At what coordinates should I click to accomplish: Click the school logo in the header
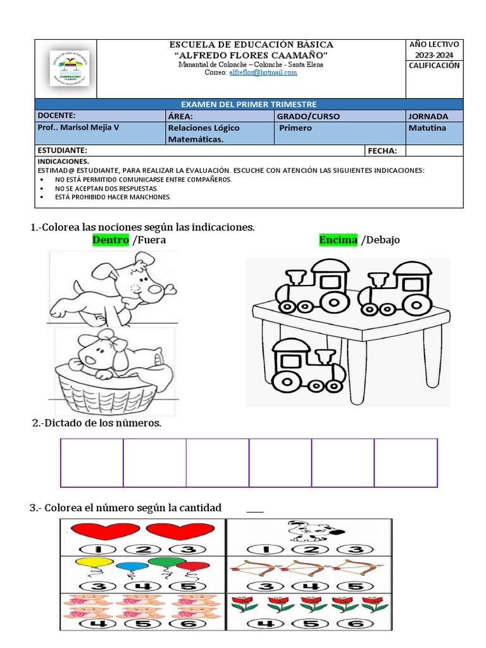(69, 68)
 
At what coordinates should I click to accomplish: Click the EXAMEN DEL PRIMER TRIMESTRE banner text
(249, 104)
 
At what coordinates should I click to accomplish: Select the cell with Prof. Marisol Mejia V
(78, 128)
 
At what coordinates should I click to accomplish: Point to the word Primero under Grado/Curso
(295, 128)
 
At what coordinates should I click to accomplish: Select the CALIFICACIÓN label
(434, 65)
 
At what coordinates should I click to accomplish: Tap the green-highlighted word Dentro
(111, 240)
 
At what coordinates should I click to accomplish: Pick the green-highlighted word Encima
(338, 240)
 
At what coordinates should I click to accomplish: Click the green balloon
(166, 561)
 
